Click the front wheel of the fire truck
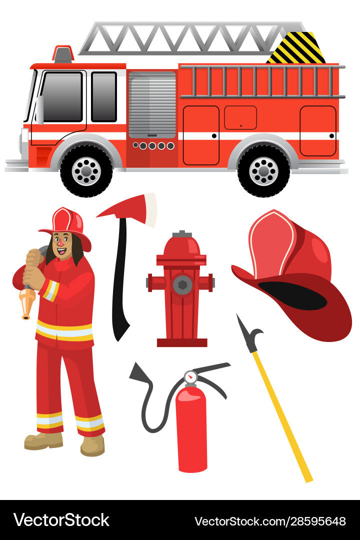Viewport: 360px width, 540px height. (86, 171)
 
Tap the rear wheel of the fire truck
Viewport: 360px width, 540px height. (263, 171)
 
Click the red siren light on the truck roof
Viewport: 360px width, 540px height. (63, 54)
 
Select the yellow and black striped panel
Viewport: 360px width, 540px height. (296, 48)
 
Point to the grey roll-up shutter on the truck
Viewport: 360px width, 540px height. (152, 105)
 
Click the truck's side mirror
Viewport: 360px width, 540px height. (40, 109)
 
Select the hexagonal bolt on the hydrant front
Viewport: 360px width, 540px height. (182, 285)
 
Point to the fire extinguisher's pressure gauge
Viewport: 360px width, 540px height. (190, 377)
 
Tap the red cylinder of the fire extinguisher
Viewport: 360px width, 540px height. (191, 430)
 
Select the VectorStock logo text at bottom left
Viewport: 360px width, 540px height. (61, 520)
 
